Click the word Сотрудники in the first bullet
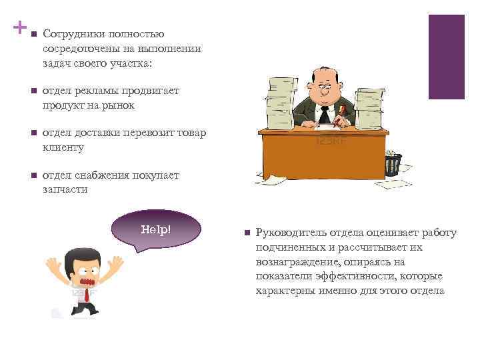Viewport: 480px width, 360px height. coord(71,33)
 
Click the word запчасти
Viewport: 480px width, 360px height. coord(65,189)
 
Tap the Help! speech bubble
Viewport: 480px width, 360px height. coord(155,231)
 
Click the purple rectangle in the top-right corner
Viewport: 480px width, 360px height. coord(446,57)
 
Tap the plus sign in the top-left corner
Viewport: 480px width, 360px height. coord(19,29)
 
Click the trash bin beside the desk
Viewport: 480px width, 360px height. coord(393,164)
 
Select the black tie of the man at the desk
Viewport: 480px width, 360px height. coord(324,114)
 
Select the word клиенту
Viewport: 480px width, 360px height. coord(63,147)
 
